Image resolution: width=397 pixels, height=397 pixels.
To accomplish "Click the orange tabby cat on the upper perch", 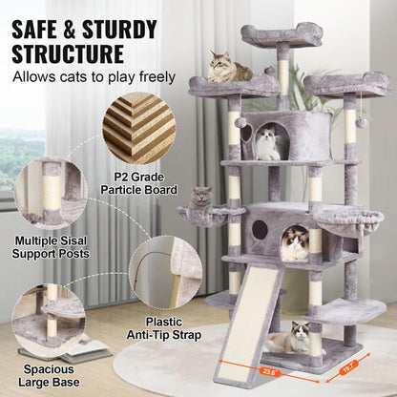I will click(229, 68).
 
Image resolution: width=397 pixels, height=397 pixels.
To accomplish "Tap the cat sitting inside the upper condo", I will click(268, 144).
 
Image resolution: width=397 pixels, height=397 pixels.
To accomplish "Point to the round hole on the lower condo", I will click(260, 230).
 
